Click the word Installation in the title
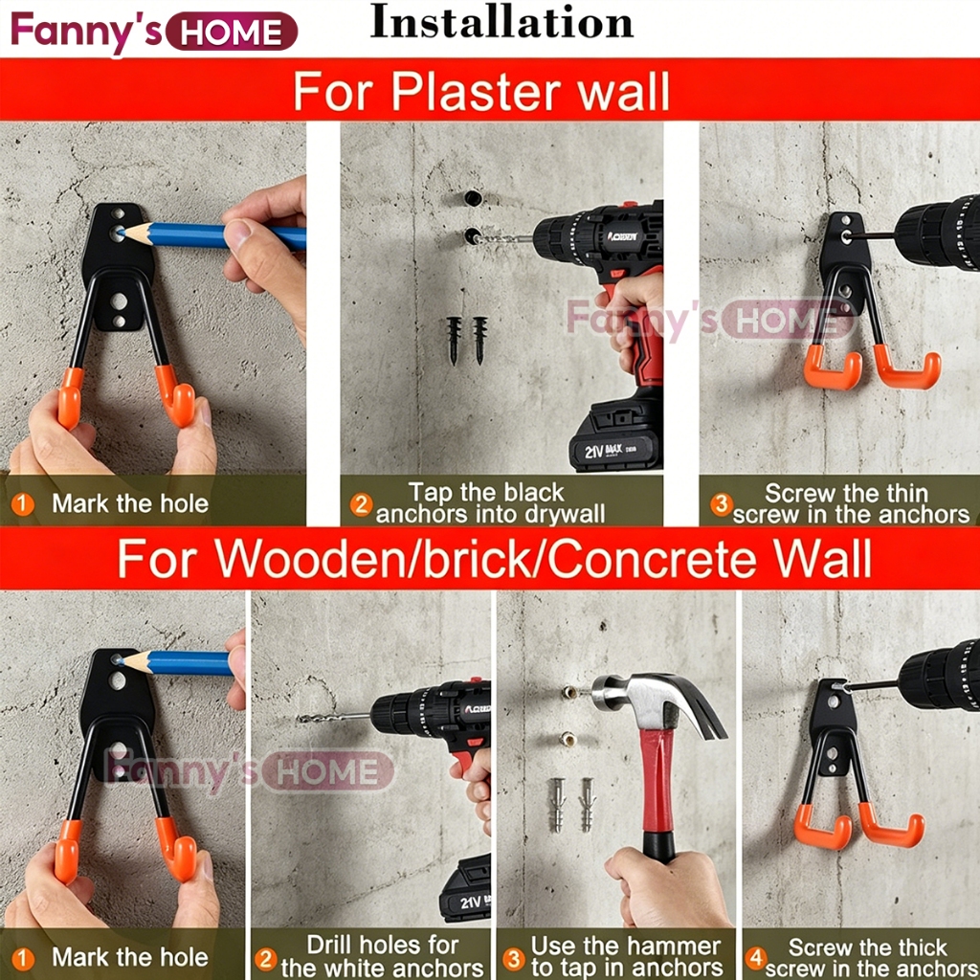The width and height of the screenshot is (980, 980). click(x=501, y=23)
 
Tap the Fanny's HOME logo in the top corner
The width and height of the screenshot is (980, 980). click(x=154, y=32)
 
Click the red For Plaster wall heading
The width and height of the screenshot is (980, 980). click(x=481, y=91)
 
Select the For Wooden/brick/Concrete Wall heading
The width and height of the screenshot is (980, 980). click(x=494, y=558)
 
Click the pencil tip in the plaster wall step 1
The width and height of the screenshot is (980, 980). click(x=121, y=234)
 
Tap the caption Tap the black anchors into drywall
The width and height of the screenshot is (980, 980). click(x=488, y=503)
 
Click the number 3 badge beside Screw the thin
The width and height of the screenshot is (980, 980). click(x=721, y=503)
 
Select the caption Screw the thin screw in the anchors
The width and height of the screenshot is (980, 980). click(x=851, y=503)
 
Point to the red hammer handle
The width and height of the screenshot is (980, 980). click(x=657, y=789)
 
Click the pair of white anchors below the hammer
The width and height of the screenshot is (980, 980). click(x=571, y=804)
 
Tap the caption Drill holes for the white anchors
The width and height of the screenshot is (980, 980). click(x=382, y=956)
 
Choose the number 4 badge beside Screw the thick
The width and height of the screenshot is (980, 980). click(x=756, y=957)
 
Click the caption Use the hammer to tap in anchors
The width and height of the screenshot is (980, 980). click(x=626, y=956)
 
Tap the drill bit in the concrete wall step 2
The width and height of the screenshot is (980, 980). click(x=334, y=718)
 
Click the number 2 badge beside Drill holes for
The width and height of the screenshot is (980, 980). click(x=266, y=959)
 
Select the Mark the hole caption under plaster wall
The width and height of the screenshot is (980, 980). click(x=130, y=503)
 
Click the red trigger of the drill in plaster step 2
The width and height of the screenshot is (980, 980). click(x=616, y=275)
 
